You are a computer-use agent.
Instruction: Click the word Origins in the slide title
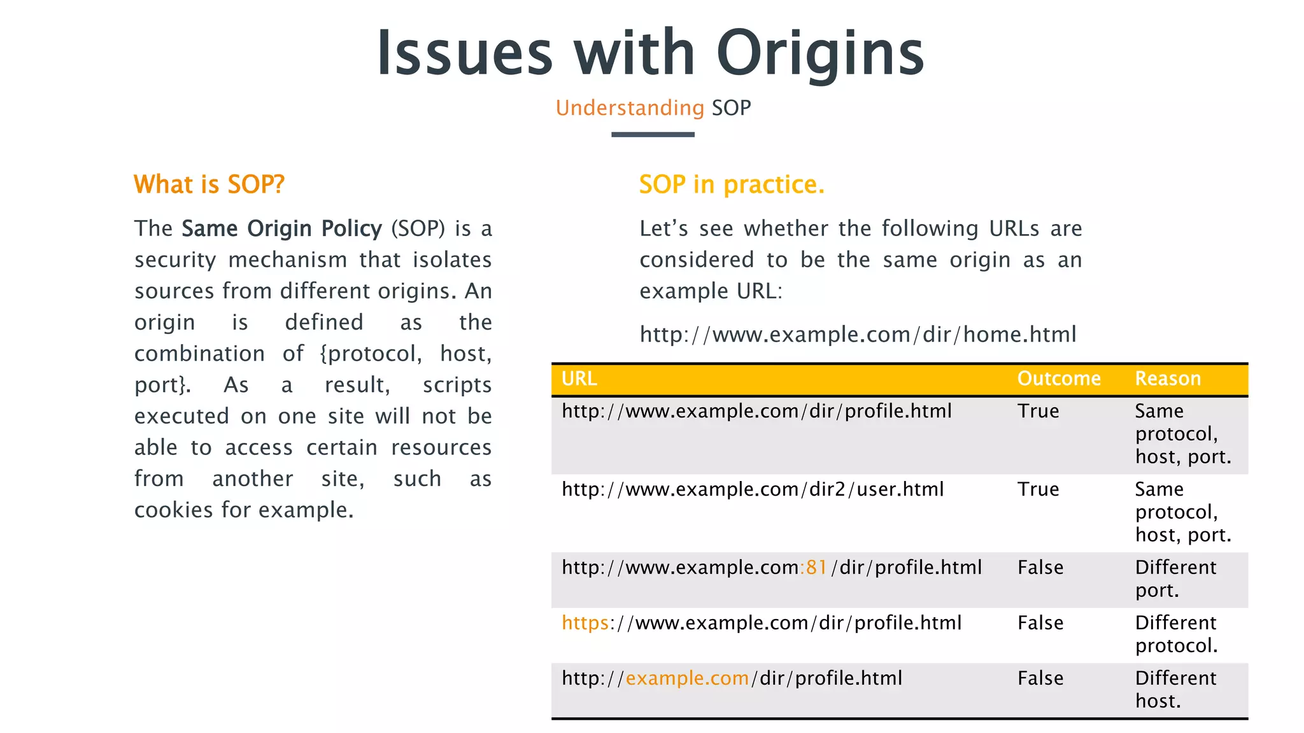tap(820, 53)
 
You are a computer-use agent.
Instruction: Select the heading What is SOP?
tap(209, 185)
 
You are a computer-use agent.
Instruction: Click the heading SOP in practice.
tap(732, 185)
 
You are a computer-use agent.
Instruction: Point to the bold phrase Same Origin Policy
tap(281, 228)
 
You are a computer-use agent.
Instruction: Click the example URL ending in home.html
tap(858, 335)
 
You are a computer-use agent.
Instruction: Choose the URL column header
tap(579, 379)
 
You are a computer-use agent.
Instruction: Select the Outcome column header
tap(1059, 379)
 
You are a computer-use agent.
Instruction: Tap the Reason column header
tap(1168, 379)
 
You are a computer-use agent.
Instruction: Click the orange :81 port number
tap(813, 568)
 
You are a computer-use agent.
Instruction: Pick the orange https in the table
tap(585, 623)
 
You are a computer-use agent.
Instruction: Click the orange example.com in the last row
tap(687, 678)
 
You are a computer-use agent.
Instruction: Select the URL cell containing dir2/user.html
tap(753, 489)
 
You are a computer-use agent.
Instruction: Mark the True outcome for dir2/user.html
tap(1038, 489)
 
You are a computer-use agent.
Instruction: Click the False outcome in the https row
tap(1040, 623)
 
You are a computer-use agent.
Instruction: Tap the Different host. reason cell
tap(1175, 690)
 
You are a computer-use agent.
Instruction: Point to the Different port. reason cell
tap(1175, 579)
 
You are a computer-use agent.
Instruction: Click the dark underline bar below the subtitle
tap(653, 135)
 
